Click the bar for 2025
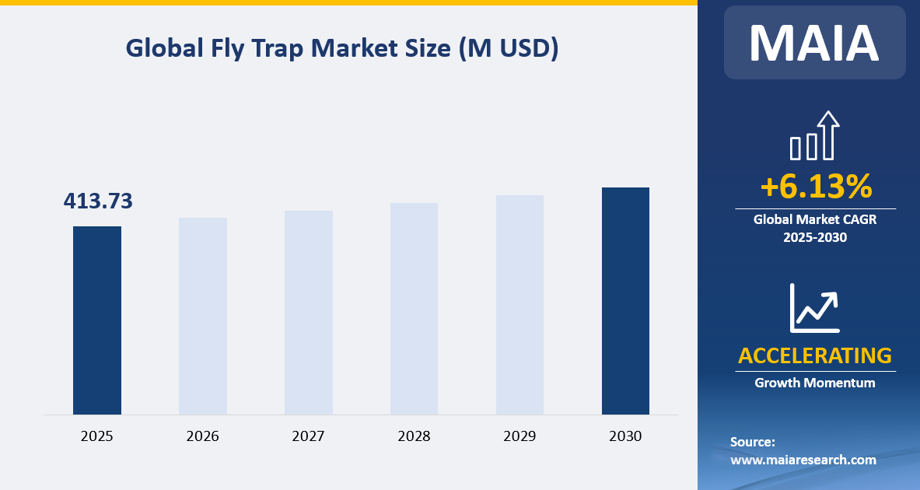tap(97, 320)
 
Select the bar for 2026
tap(203, 316)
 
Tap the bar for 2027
tap(309, 312)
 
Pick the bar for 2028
tap(414, 308)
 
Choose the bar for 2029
tap(519, 304)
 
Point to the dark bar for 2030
tap(625, 300)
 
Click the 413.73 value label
tap(98, 201)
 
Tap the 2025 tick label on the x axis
tap(97, 436)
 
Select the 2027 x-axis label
tap(309, 436)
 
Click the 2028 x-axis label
tap(414, 436)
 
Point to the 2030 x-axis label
tap(625, 436)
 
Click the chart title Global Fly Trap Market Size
tap(342, 48)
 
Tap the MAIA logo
tap(814, 43)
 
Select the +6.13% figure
tap(815, 187)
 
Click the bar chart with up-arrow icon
tap(814, 135)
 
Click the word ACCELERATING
tap(814, 355)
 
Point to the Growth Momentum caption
tap(814, 383)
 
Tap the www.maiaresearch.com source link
tap(803, 460)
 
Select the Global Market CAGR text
tap(814, 220)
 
